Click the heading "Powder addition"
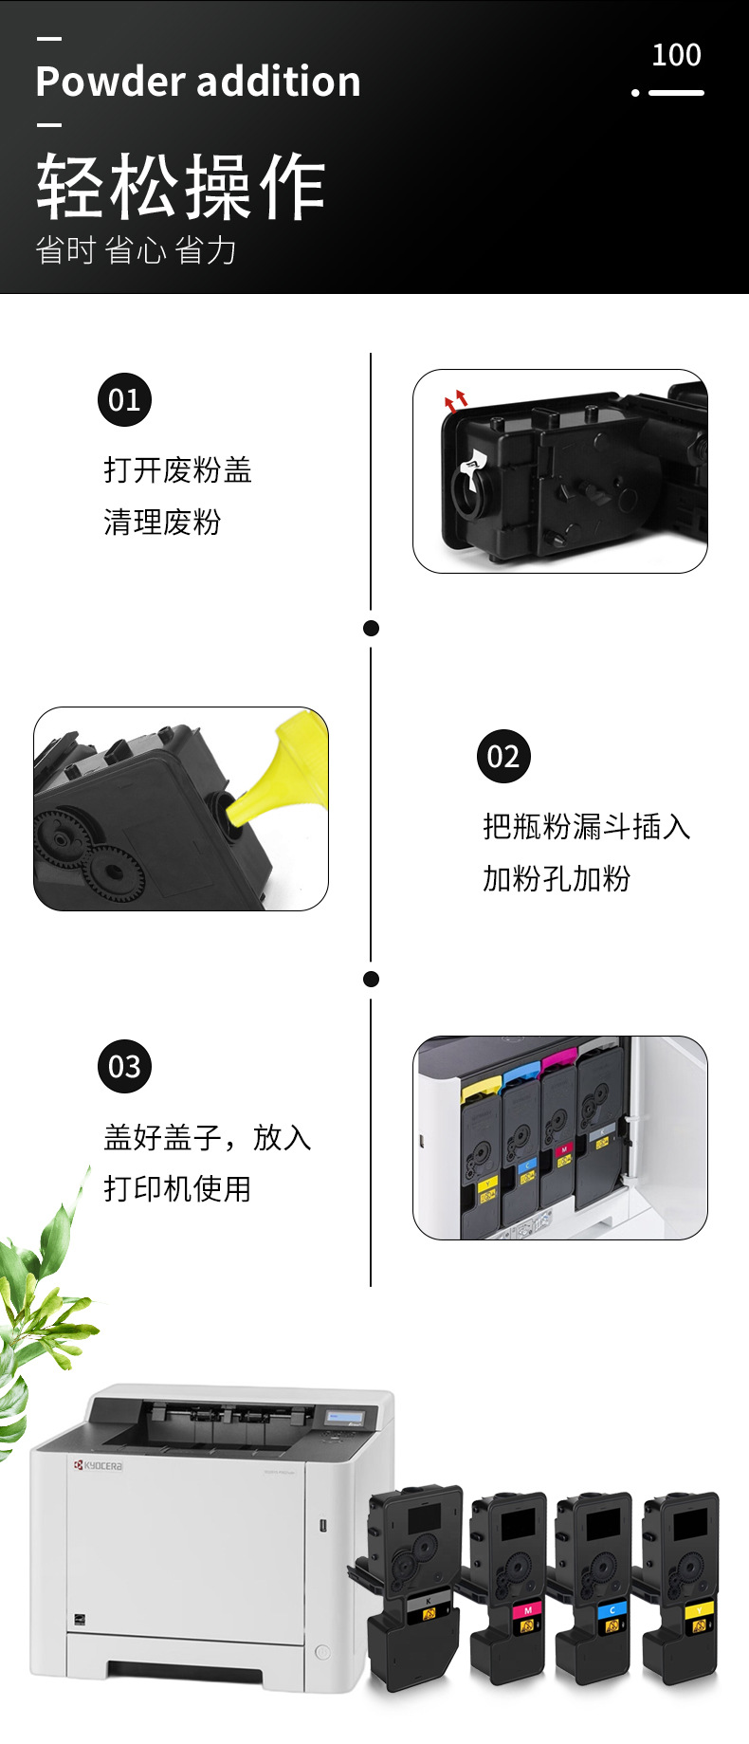198,82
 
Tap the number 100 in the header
676,55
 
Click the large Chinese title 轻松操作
181,187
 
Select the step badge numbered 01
124,400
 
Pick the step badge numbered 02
503,757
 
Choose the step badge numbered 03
124,1067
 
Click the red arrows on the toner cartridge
456,399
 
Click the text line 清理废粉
162,522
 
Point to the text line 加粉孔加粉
557,879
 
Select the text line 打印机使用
177,1188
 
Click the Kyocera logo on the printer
99,1465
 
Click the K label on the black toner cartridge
428,1601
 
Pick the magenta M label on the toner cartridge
527,1609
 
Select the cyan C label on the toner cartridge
612,1609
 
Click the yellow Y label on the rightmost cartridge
699,1609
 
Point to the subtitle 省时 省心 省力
136,250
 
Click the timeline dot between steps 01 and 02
372,628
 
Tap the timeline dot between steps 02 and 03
372,979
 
